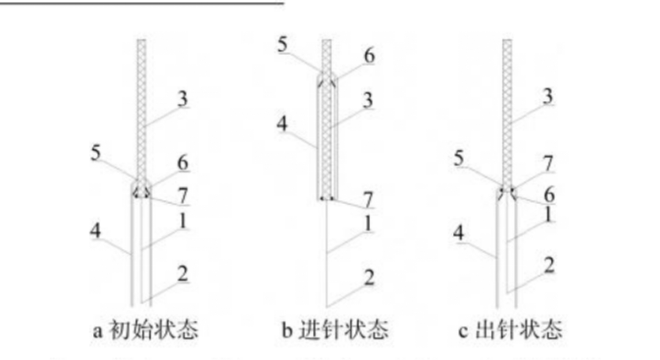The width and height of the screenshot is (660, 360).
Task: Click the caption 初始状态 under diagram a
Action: click(x=153, y=330)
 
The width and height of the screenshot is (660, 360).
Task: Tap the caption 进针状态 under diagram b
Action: click(x=344, y=330)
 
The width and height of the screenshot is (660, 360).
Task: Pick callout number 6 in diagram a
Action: click(x=182, y=163)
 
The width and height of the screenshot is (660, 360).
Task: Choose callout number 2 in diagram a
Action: click(x=182, y=273)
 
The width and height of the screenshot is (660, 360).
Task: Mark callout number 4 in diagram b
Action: click(x=282, y=124)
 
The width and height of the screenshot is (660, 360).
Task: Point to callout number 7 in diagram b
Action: click(x=368, y=199)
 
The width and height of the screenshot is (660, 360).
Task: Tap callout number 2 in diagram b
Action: click(x=368, y=278)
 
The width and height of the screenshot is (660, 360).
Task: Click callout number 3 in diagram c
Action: click(x=548, y=96)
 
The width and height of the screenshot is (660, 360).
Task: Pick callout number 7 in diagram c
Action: click(x=548, y=163)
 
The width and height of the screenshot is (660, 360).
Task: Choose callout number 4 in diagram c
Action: click(x=460, y=232)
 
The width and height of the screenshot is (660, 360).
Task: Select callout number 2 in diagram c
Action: click(x=548, y=265)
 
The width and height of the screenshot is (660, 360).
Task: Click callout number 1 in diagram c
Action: click(x=548, y=215)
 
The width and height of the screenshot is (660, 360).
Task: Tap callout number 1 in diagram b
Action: click(x=368, y=223)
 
